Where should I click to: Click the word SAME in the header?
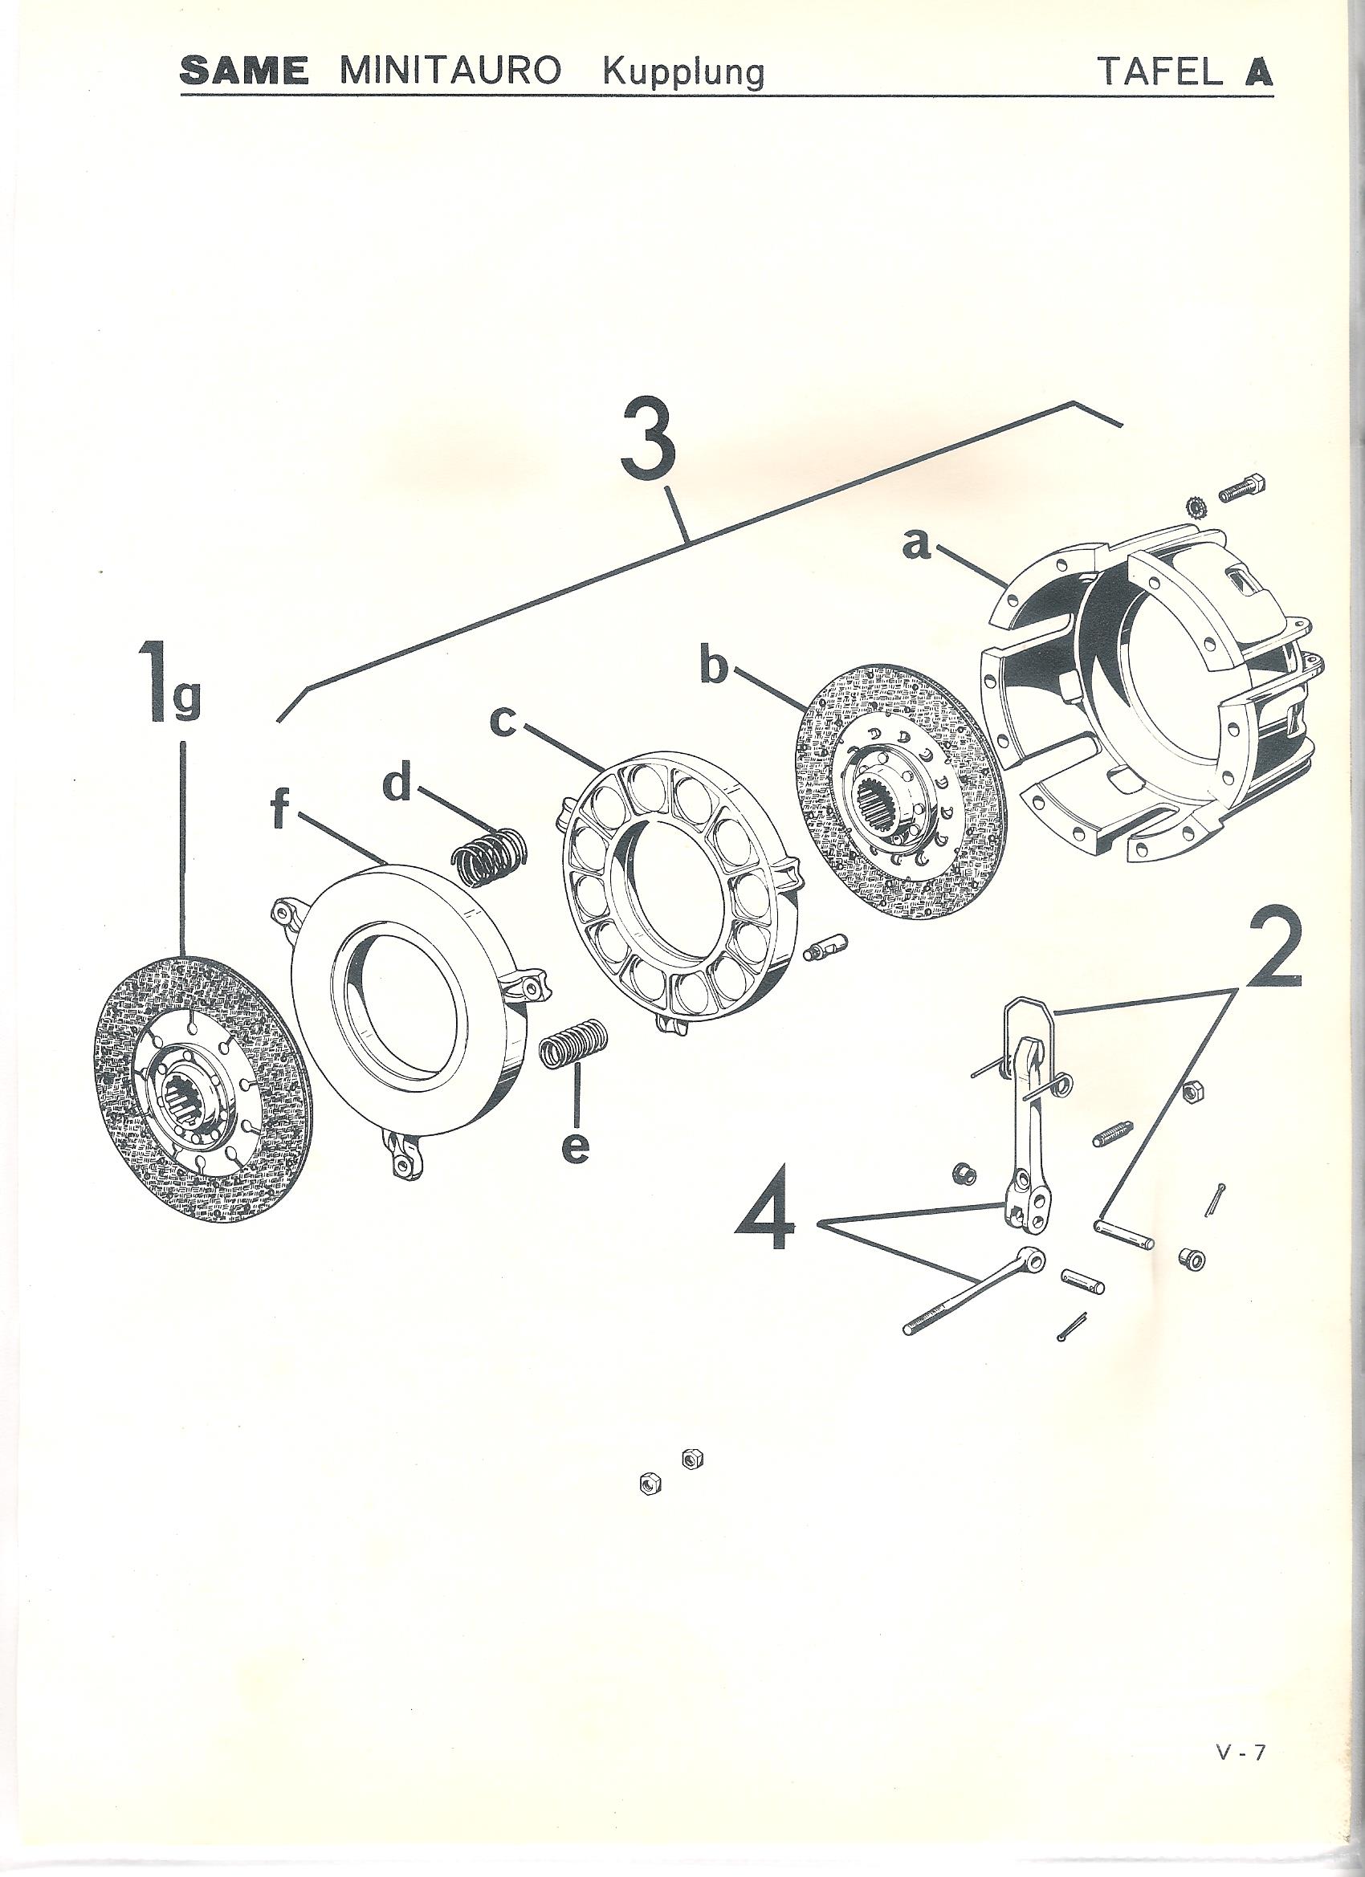(x=244, y=73)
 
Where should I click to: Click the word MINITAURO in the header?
(x=450, y=73)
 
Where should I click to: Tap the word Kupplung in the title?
(x=683, y=75)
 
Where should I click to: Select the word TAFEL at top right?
(x=1157, y=73)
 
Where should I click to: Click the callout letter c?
(x=503, y=723)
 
